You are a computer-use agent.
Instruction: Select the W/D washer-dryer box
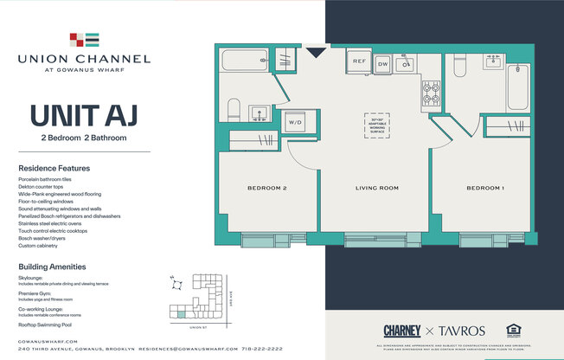click(x=294, y=121)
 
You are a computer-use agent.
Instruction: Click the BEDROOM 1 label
click(x=484, y=188)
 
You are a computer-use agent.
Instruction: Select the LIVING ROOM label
click(x=376, y=188)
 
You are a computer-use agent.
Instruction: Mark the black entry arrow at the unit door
click(x=317, y=53)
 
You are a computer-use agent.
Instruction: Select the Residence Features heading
click(x=54, y=168)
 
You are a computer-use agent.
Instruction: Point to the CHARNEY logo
click(x=402, y=331)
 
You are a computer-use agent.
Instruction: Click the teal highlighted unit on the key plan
click(x=180, y=315)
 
